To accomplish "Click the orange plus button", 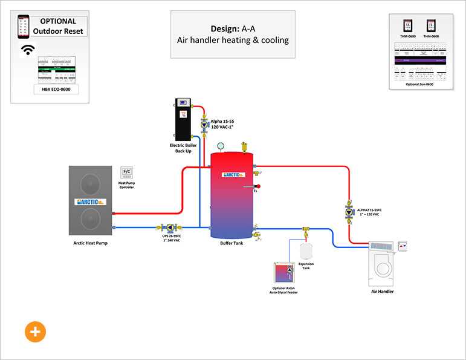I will [35, 332].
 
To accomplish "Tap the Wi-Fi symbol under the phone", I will [28, 50].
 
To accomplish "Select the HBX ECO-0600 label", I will [56, 90].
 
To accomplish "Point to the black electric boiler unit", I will [183, 119].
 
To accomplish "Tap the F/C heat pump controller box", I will [126, 171].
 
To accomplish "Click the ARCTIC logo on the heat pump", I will [91, 201].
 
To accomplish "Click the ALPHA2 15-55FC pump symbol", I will [349, 211].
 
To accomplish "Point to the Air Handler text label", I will [382, 292].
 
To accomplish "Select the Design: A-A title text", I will [233, 28].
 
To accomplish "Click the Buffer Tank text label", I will [231, 243].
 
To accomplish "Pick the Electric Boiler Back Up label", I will [183, 148].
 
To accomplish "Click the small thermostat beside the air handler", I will [404, 246].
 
